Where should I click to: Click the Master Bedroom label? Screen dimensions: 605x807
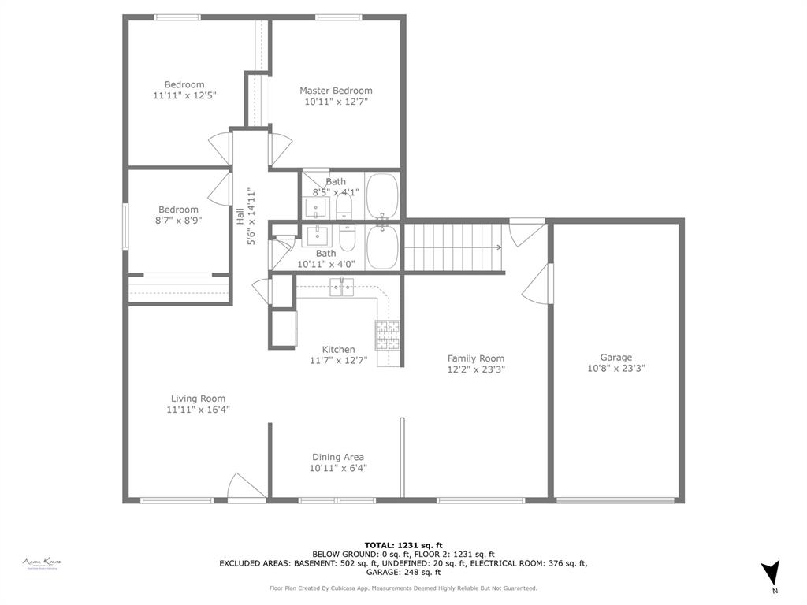pyautogui.click(x=336, y=91)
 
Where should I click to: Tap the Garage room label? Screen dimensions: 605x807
pyautogui.click(x=615, y=357)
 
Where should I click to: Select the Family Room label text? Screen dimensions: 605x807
pyautogui.click(x=476, y=358)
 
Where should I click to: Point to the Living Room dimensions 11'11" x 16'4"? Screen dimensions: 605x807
pyautogui.click(x=198, y=410)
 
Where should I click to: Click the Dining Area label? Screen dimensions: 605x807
pyautogui.click(x=337, y=457)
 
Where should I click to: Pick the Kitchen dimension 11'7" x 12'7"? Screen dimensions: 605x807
pyautogui.click(x=338, y=361)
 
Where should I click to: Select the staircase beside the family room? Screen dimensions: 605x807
pyautogui.click(x=453, y=247)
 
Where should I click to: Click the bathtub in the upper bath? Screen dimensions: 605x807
pyautogui.click(x=382, y=196)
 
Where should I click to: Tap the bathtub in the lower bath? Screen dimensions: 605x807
pyautogui.click(x=382, y=247)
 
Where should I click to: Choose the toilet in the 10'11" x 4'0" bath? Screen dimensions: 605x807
pyautogui.click(x=348, y=236)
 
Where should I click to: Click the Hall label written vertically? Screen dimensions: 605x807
pyautogui.click(x=240, y=216)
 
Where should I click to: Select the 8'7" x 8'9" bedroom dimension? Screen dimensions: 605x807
pyautogui.click(x=178, y=221)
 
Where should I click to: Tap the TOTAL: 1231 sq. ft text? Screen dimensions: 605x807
pyautogui.click(x=403, y=544)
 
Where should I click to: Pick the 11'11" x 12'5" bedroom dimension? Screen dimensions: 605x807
pyautogui.click(x=184, y=95)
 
